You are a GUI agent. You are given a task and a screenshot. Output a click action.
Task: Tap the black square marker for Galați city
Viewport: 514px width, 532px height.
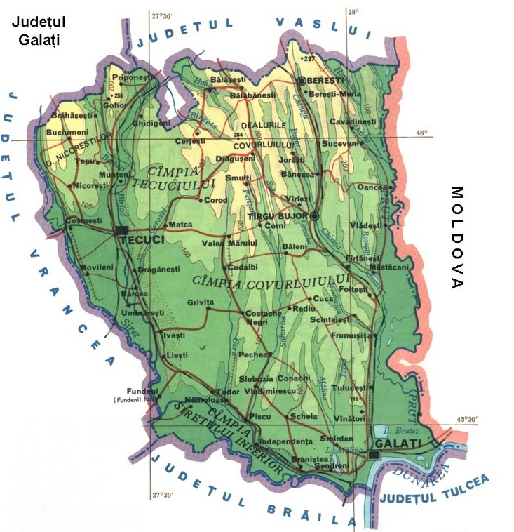click(x=374, y=455)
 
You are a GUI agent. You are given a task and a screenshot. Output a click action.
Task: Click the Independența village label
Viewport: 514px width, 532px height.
click(x=285, y=441)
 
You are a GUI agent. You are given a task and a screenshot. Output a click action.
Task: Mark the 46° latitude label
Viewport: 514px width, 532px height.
click(x=421, y=132)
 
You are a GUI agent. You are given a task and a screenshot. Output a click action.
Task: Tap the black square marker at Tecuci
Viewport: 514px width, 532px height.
click(x=121, y=230)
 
